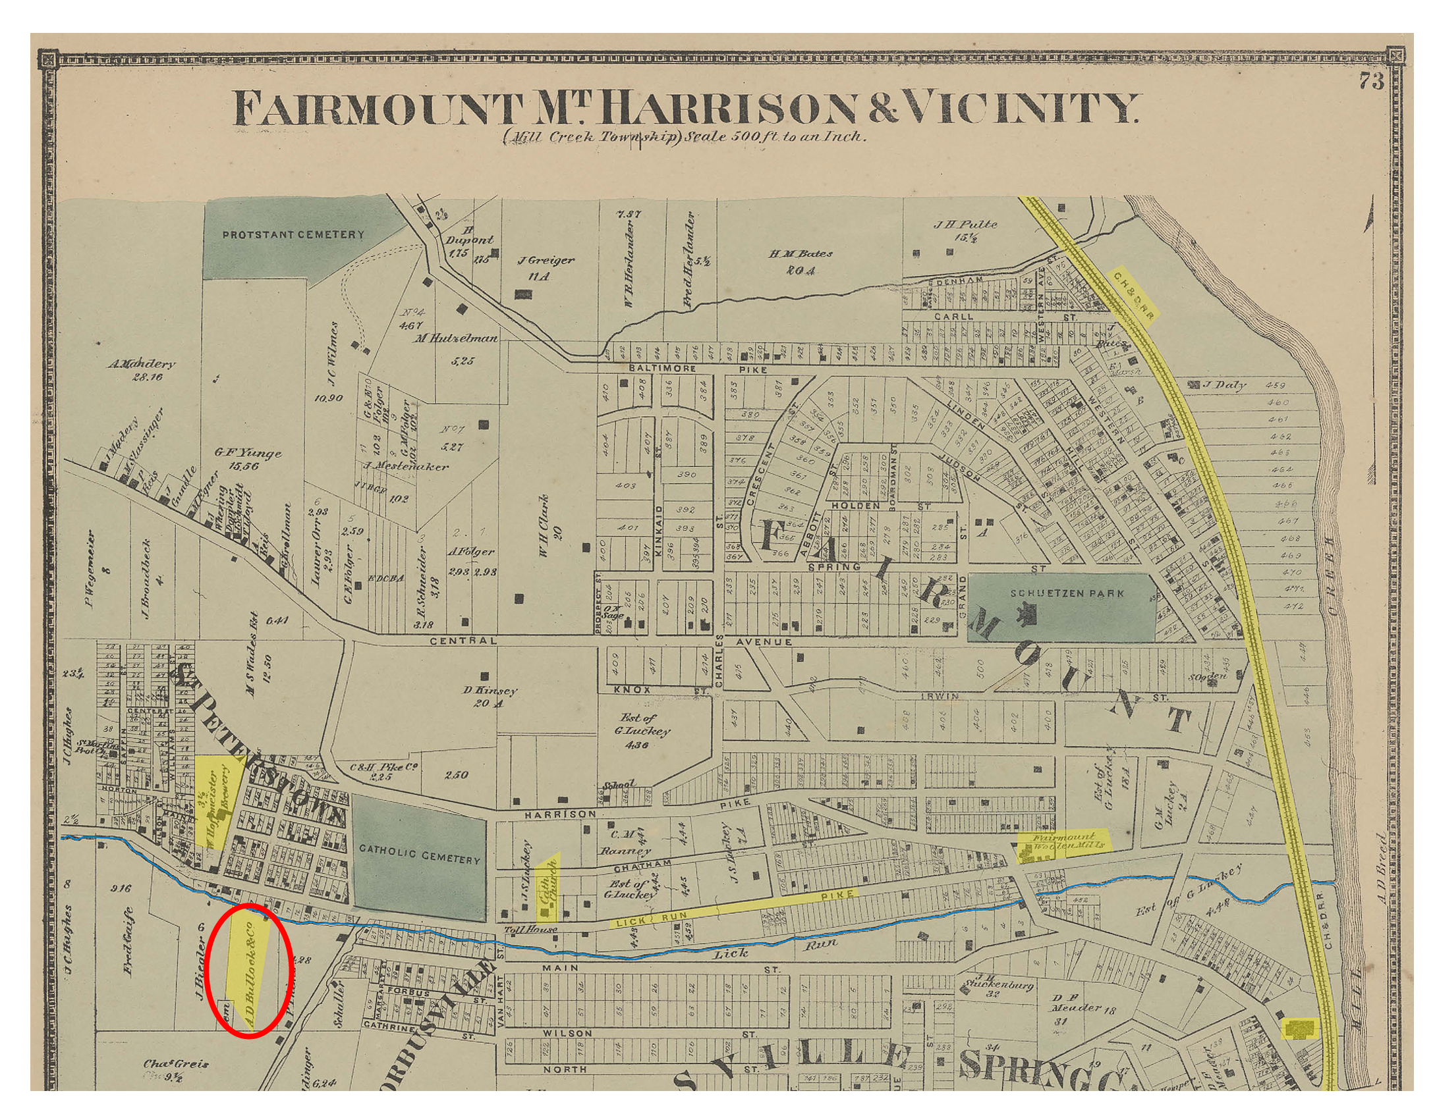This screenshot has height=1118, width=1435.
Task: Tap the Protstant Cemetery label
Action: point(293,235)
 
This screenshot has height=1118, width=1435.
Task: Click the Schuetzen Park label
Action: point(1063,593)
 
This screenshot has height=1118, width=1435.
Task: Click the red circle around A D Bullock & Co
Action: point(248,971)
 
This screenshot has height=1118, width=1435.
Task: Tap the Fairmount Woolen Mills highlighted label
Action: point(1063,843)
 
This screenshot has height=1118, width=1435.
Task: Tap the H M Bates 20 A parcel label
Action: point(801,261)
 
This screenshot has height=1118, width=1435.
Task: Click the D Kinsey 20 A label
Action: point(488,697)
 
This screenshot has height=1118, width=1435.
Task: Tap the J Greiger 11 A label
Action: point(545,267)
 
